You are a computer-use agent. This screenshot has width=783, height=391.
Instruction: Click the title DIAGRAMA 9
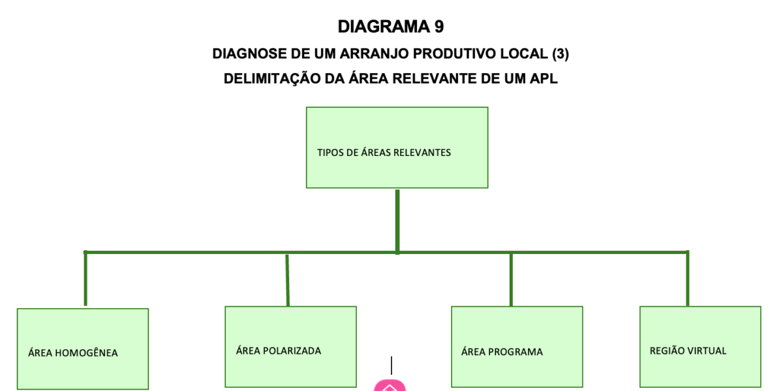[390, 27]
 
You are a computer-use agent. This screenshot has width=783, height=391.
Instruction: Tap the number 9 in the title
[438, 27]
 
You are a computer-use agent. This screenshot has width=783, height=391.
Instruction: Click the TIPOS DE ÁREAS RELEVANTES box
[397, 148]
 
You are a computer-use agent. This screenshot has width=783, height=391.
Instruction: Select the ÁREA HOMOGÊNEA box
[83, 349]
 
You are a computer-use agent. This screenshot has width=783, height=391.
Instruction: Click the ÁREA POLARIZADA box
[290, 347]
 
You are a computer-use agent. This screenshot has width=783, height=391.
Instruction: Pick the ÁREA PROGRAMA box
[517, 347]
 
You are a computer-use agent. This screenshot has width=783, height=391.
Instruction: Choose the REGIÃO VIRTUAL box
[699, 347]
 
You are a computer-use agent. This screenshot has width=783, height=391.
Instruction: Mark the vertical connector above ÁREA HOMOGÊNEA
[85, 279]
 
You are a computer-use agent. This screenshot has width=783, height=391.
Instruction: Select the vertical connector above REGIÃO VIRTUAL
[687, 279]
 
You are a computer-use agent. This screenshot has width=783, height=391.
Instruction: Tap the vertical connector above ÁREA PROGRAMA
[511, 279]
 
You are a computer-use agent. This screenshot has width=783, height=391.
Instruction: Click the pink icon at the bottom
[390, 386]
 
